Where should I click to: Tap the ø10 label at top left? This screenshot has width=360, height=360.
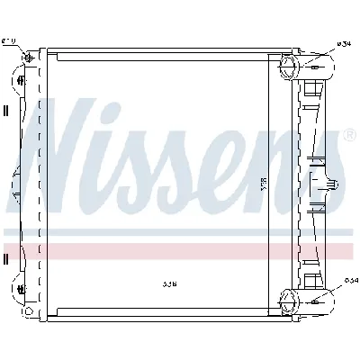[9, 40]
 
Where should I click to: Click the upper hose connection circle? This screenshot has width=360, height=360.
[289, 67]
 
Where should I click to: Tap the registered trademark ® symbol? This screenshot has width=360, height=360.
[348, 137]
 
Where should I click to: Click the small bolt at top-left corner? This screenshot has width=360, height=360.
[31, 60]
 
